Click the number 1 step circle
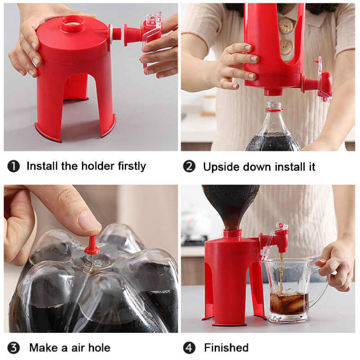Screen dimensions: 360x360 tap(13, 166)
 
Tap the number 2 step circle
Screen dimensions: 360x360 tap(189, 166)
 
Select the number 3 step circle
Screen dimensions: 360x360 tap(13, 348)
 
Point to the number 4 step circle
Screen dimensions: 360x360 tap(189, 348)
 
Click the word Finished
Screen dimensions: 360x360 tap(226, 348)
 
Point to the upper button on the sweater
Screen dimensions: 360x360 tap(286, 25)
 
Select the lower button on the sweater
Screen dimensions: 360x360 tap(286, 47)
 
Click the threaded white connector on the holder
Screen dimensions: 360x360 tap(116, 34)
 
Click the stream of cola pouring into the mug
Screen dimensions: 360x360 tap(281, 270)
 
